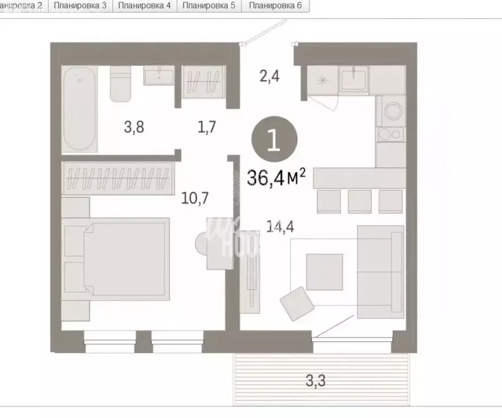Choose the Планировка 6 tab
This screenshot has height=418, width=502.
click(x=275, y=6)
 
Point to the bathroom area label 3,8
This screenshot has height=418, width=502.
click(x=134, y=127)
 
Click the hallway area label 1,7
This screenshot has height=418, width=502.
click(x=207, y=127)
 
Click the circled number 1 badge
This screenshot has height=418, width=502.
click(x=275, y=140)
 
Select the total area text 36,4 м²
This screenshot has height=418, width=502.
click(x=277, y=177)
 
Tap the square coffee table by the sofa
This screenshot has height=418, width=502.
click(x=324, y=272)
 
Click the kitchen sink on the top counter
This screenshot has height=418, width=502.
click(x=354, y=78)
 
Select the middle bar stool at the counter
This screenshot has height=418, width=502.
click(x=360, y=201)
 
